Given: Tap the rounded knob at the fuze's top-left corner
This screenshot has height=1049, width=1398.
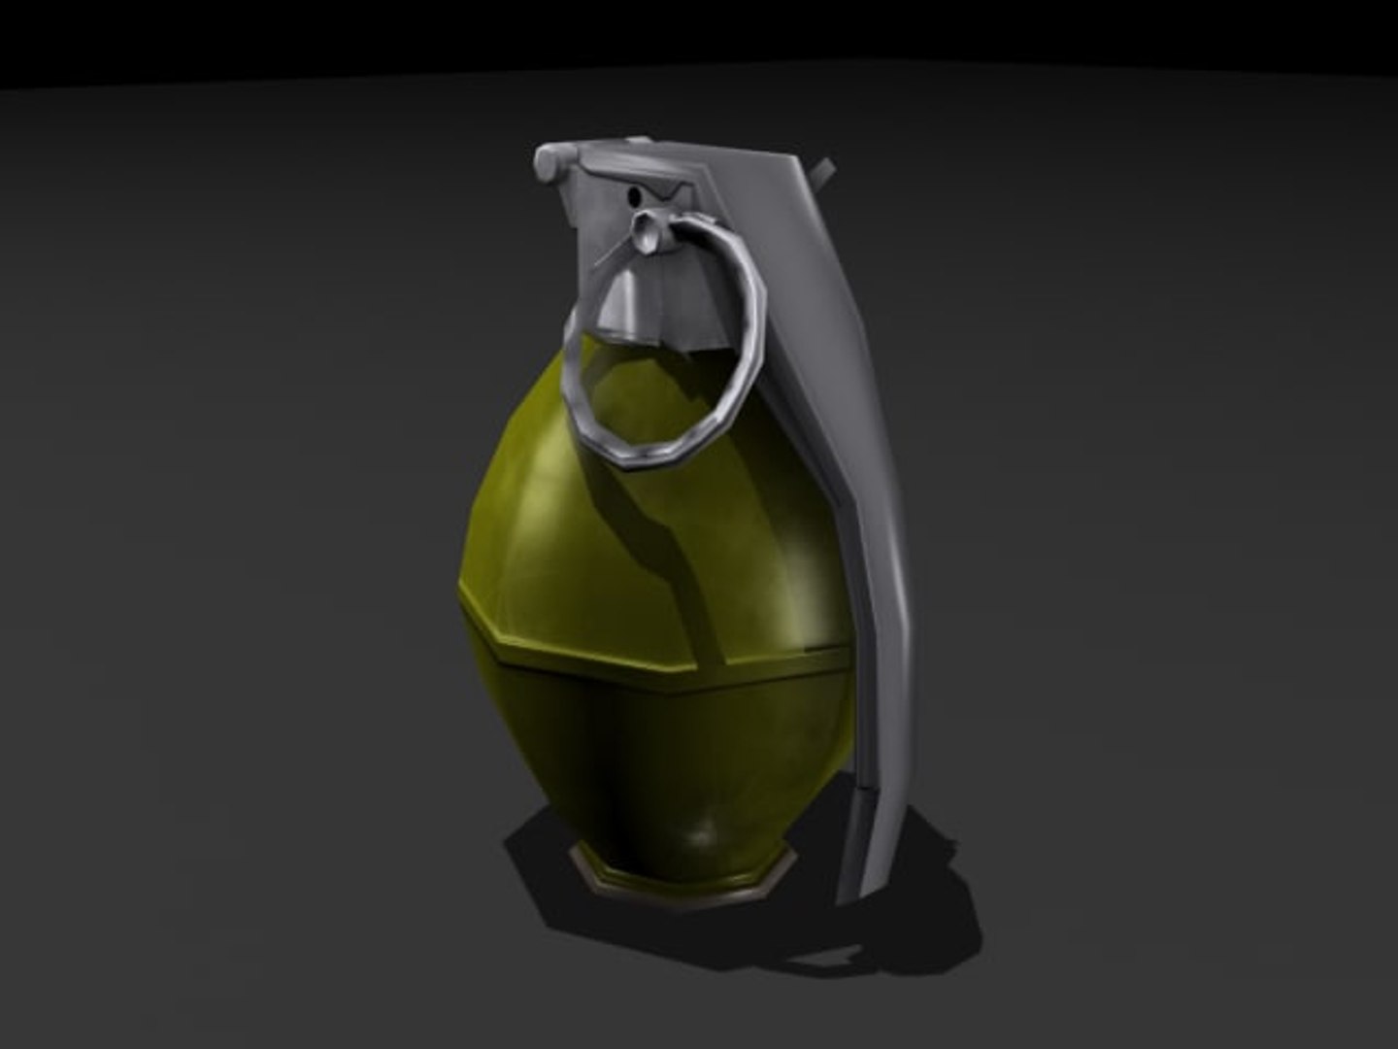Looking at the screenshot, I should pos(549,160).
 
